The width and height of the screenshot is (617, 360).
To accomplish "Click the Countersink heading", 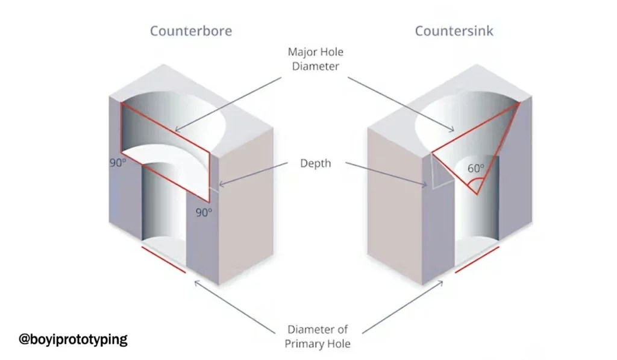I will [x=454, y=31].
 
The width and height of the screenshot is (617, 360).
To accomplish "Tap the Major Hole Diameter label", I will [x=315, y=59].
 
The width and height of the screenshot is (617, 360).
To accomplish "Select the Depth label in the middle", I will [x=315, y=163].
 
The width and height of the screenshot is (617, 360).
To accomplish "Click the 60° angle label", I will [x=476, y=169].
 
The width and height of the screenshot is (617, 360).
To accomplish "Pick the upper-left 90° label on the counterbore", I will [x=117, y=163].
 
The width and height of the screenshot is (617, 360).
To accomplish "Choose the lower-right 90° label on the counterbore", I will [x=204, y=212].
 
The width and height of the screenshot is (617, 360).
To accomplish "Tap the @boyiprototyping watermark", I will [x=74, y=339].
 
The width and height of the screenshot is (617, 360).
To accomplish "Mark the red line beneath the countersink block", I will [x=477, y=260].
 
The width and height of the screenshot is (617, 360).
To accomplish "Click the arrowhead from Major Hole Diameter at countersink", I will [x=453, y=129].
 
